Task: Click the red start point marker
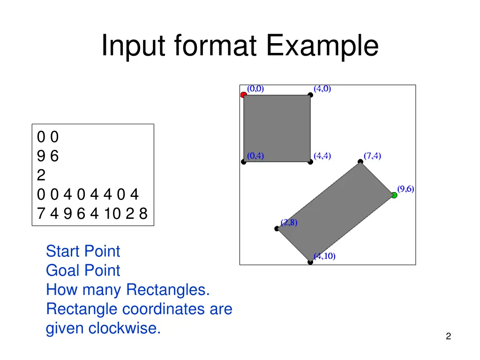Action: pos(243,95)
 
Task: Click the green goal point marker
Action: pos(394,195)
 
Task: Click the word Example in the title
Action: pos(322,46)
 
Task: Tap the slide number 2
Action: pos(449,336)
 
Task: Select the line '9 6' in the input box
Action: pos(48,156)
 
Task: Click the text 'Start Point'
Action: pos(83,251)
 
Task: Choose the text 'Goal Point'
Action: pos(83,270)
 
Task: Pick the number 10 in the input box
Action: pos(111,214)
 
